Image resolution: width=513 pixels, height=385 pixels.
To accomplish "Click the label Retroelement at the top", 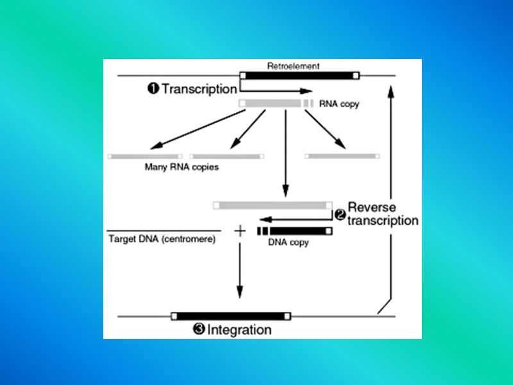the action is tap(293, 65).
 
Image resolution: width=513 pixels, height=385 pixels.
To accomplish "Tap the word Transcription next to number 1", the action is tap(199, 89).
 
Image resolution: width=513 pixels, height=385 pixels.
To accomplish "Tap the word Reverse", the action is tap(373, 208).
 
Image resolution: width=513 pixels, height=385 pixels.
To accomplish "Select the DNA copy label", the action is tap(289, 243).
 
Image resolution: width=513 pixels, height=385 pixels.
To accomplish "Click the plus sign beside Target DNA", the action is tap(240, 230).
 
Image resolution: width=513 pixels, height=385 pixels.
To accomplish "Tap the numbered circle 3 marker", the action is tap(199, 330).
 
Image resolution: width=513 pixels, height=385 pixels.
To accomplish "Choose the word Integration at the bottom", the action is tap(239, 330).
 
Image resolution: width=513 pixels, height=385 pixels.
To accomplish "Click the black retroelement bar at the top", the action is tap(299, 75).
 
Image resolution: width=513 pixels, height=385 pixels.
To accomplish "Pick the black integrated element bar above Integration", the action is tap(230, 316).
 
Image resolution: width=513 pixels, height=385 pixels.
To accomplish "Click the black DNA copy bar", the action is tap(298, 230).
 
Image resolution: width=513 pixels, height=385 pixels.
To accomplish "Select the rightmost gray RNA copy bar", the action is tap(342, 156).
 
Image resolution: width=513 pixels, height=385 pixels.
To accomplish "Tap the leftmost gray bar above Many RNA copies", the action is tap(145, 156).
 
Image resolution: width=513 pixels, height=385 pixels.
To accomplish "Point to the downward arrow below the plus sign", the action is tap(240, 269).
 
